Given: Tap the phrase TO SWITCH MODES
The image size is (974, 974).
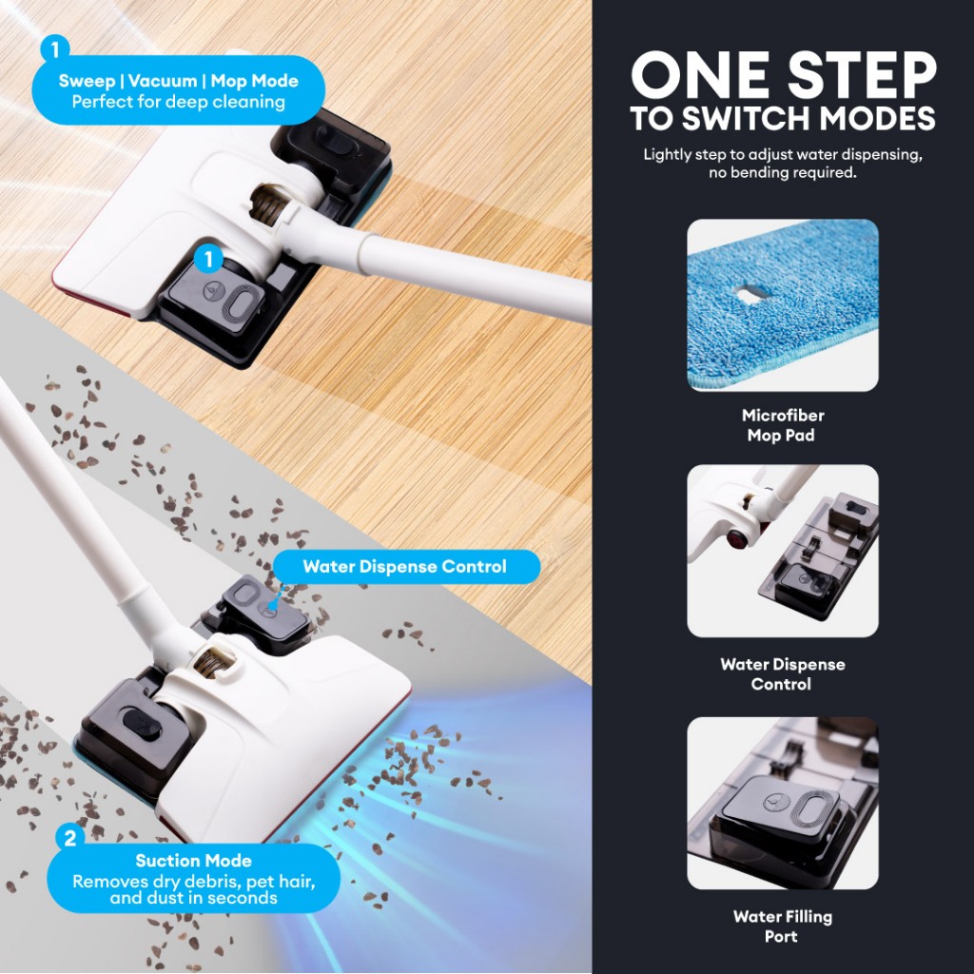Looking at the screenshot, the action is pyautogui.click(x=783, y=118).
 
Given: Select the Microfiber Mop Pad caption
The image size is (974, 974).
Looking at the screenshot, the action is pyautogui.click(x=782, y=425).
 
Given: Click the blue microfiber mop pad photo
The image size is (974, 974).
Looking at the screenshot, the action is pyautogui.click(x=783, y=305).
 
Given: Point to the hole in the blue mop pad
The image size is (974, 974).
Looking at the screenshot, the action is pyautogui.click(x=750, y=293).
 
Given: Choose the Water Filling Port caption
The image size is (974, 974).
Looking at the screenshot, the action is pyautogui.click(x=782, y=926).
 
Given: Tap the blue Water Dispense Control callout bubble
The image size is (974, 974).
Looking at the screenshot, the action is pyautogui.click(x=406, y=567).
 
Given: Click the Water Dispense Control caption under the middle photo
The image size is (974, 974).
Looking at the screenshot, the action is pyautogui.click(x=782, y=674).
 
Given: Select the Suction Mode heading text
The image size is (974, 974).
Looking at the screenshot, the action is pyautogui.click(x=193, y=860).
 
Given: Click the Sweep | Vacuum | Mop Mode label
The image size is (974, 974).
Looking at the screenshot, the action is pyautogui.click(x=178, y=81).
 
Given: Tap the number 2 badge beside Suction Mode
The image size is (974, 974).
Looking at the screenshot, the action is pyautogui.click(x=70, y=838).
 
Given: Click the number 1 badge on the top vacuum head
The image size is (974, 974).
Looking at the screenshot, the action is pyautogui.click(x=208, y=259).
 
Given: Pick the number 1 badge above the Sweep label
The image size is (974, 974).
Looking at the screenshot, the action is pyautogui.click(x=55, y=49).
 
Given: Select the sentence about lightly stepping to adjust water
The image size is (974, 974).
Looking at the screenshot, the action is pyautogui.click(x=783, y=164).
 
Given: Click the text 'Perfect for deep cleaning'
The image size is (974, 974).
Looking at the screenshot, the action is pyautogui.click(x=178, y=102).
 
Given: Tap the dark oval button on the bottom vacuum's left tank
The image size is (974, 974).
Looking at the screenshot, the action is pyautogui.click(x=143, y=723).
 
